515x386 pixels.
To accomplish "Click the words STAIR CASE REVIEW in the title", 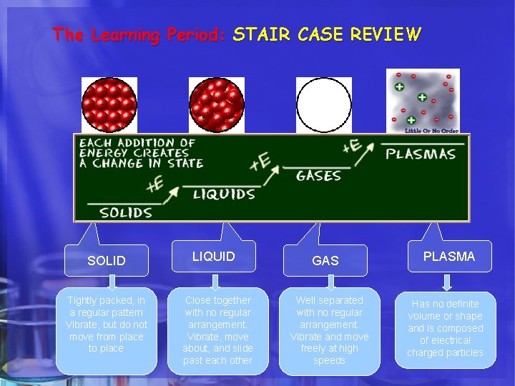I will (x=327, y=34).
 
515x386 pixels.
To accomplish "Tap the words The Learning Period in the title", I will (x=139, y=34).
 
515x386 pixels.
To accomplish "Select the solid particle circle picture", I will (x=109, y=104).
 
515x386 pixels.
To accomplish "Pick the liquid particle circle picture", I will (x=216, y=104).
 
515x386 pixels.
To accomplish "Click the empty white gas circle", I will (x=324, y=104).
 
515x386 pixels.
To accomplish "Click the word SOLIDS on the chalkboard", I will (x=126, y=212).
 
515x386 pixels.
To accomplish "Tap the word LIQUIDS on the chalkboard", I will (x=223, y=194).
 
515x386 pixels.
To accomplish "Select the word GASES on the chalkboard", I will (x=318, y=175).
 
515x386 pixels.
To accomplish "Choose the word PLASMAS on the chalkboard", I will (x=421, y=154).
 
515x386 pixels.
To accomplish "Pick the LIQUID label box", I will (x=214, y=257).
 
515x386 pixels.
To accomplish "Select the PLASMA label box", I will (x=449, y=257).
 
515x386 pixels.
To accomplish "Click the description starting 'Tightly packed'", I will (x=107, y=325).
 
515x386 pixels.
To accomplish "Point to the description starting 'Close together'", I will (x=217, y=330).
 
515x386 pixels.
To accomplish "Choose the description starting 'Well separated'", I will (x=330, y=330).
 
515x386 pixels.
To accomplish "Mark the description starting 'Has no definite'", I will (x=445, y=328).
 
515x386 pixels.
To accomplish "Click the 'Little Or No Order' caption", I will (x=431, y=131).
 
